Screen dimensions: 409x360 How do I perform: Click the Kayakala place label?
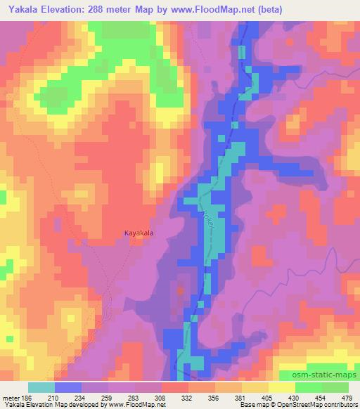[139, 233]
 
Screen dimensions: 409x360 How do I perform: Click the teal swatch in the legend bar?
[41, 387]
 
